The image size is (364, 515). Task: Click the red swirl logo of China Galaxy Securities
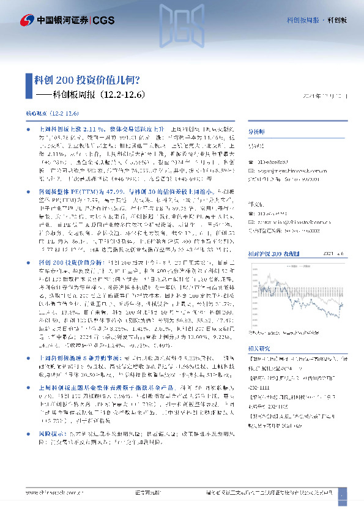[28, 20]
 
